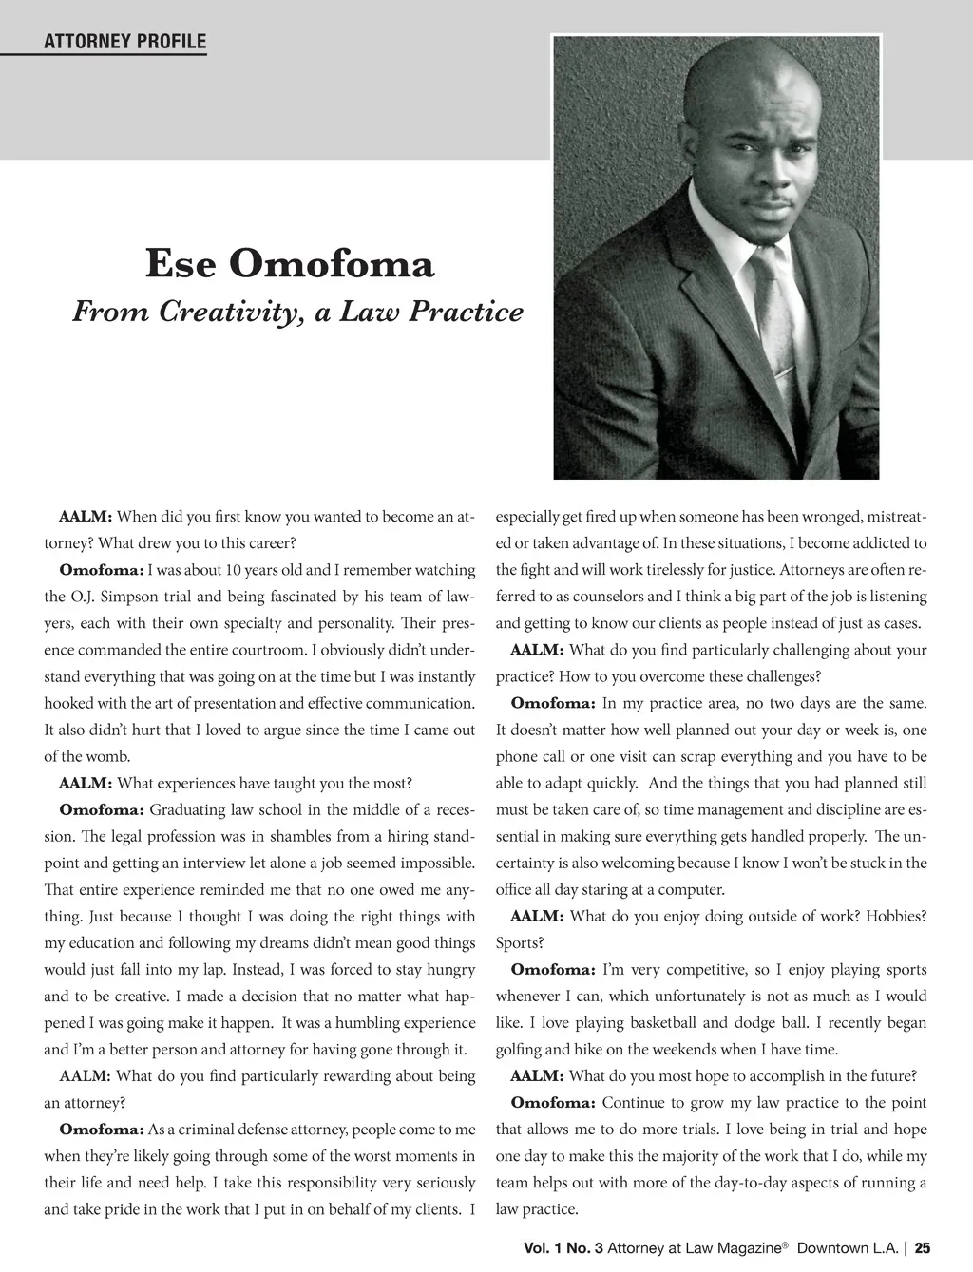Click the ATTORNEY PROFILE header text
(x=124, y=41)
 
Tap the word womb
(x=107, y=757)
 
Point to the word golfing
(x=521, y=1050)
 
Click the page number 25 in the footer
(x=922, y=1247)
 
